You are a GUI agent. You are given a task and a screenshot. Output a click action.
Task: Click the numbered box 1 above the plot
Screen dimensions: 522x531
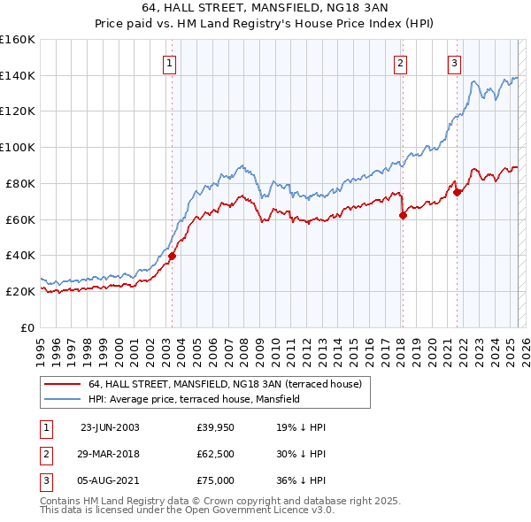pyautogui.click(x=168, y=63)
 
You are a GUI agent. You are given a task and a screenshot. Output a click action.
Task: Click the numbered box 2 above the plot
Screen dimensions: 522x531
pyautogui.click(x=400, y=63)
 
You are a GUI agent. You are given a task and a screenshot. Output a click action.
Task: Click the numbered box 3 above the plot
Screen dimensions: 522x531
pyautogui.click(x=454, y=63)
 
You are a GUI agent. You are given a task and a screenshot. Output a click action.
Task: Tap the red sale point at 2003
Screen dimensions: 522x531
pyautogui.click(x=173, y=256)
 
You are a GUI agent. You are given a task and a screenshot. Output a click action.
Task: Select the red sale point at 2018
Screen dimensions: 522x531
pyautogui.click(x=403, y=215)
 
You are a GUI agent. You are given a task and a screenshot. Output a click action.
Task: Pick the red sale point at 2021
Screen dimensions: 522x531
pyautogui.click(x=457, y=192)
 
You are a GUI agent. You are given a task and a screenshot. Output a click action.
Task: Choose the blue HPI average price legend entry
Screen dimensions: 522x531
pyautogui.click(x=194, y=399)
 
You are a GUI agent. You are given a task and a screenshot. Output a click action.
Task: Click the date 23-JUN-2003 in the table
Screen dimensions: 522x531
pyautogui.click(x=110, y=427)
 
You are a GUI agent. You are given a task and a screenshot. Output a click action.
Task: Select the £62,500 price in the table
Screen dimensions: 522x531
pyautogui.click(x=216, y=453)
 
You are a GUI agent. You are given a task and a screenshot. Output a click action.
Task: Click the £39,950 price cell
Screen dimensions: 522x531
pyautogui.click(x=216, y=427)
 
